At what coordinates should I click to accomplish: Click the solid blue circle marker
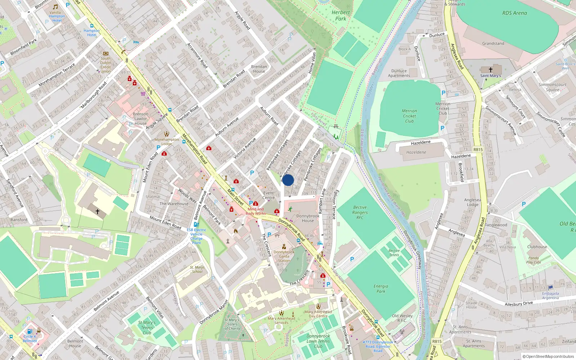[288, 180]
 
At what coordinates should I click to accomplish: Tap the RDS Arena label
[514, 13]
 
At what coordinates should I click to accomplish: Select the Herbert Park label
[340, 15]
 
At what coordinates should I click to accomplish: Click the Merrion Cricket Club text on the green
[409, 116]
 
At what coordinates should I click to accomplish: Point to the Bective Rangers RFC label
[360, 212]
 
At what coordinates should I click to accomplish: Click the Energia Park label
[381, 289]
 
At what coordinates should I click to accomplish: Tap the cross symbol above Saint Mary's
[490, 69]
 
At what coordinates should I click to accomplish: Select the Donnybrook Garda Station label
[284, 256]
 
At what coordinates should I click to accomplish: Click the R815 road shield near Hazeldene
[478, 150]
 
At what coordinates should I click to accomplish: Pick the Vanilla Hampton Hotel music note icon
[55, 7]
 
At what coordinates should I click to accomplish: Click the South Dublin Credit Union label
[105, 65]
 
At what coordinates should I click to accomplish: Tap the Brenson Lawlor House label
[140, 118]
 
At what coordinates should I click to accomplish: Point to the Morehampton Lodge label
[166, 141]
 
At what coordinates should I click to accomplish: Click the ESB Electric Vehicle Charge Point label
[196, 236]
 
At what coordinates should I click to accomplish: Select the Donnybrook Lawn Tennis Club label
[318, 341]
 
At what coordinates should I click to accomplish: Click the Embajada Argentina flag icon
[550, 288]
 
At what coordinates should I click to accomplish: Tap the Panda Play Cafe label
[534, 260]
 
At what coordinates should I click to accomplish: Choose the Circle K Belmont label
[30, 339]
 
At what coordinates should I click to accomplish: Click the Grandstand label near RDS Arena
[493, 44]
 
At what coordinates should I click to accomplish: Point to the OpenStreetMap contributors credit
[548, 357]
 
